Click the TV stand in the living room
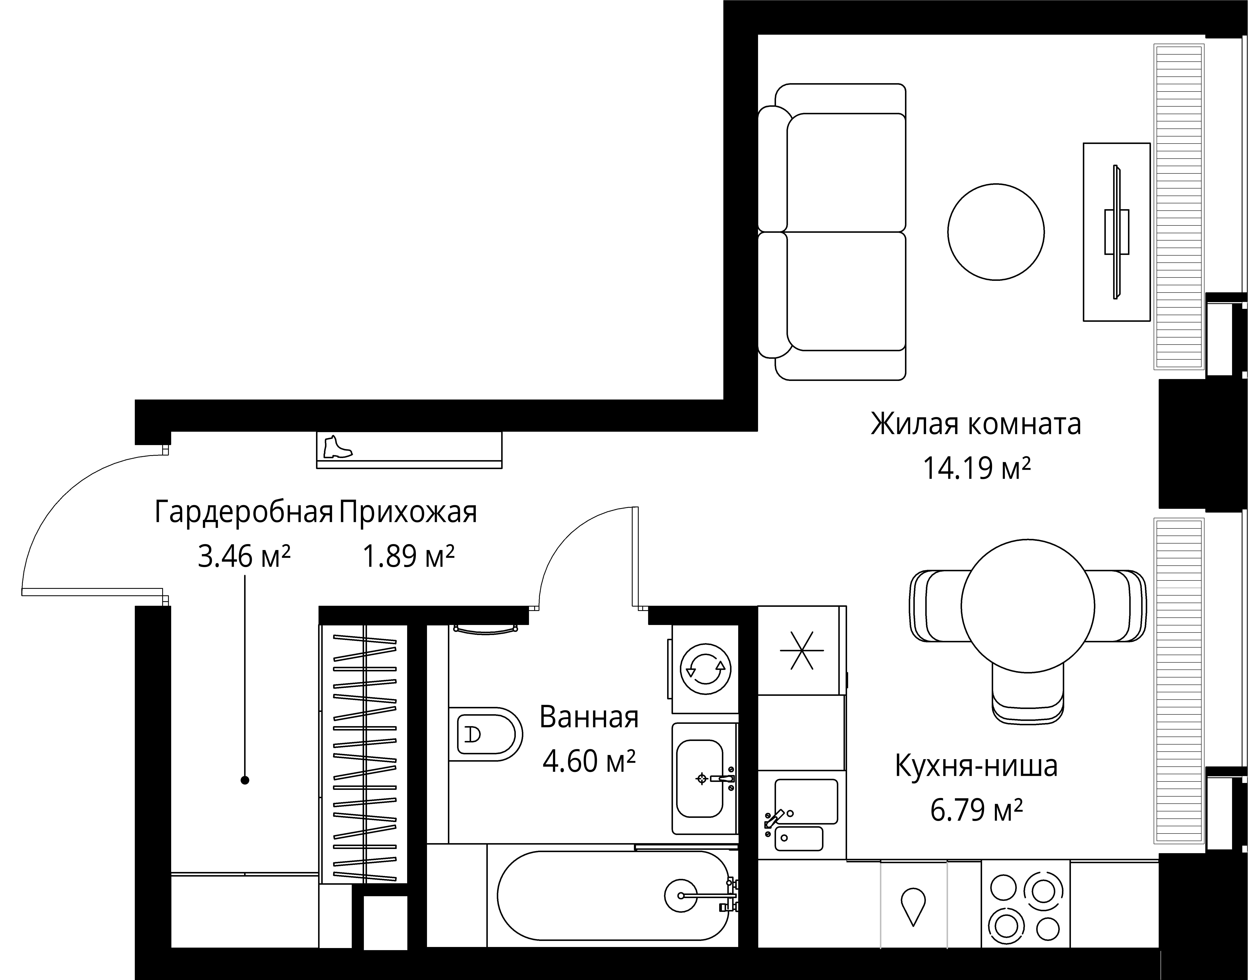tap(1116, 232)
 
